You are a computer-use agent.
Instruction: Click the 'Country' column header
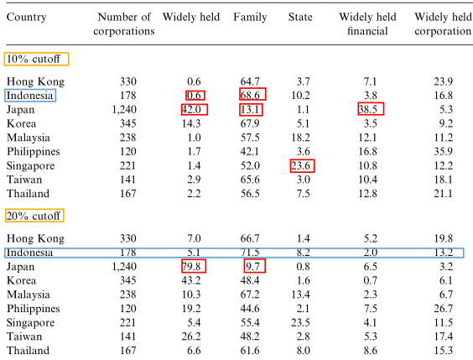[27, 17]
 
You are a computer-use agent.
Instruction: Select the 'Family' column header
[250, 17]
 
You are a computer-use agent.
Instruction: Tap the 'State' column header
[300, 17]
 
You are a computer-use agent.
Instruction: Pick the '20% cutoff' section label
[34, 216]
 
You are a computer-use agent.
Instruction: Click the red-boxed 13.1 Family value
[250, 109]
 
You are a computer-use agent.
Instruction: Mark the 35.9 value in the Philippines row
[444, 151]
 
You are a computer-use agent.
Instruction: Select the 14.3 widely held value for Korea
[191, 123]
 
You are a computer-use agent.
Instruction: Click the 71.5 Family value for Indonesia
[250, 253]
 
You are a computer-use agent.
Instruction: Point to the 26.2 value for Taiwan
[191, 337]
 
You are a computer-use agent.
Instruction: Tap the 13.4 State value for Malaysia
[300, 295]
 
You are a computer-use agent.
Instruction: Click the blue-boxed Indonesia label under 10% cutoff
[29, 96]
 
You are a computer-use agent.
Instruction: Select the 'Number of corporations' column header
[124, 24]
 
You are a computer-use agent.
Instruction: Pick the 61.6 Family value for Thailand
[250, 350]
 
